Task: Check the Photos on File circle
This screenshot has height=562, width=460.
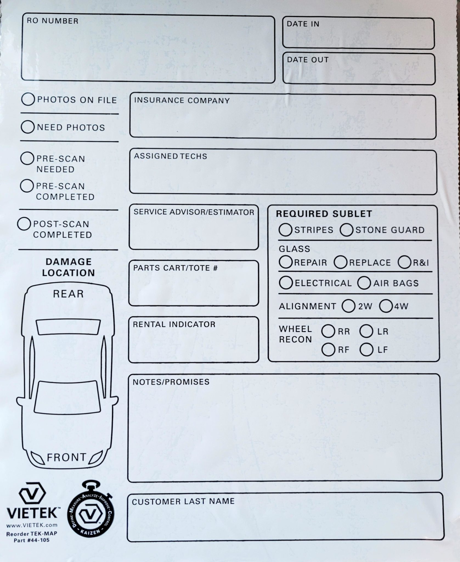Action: [28, 99]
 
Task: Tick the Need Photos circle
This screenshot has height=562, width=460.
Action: [27, 127]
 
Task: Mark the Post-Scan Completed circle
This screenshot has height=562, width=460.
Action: [24, 224]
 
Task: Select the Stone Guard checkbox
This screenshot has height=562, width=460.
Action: [346, 230]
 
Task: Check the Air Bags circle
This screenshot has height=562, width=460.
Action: [364, 283]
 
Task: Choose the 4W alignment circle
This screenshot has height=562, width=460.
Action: [386, 306]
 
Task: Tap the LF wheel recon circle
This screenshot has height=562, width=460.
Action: [366, 350]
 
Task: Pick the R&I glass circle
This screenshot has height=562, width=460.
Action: [404, 262]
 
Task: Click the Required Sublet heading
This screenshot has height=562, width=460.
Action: [324, 214]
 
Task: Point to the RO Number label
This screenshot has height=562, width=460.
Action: [52, 21]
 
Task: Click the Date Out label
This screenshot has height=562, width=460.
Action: [307, 60]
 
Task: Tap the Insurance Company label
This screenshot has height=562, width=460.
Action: [182, 100]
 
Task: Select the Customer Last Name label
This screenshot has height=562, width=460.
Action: [183, 501]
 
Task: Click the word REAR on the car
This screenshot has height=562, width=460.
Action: [68, 294]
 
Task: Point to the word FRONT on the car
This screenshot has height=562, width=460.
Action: [66, 457]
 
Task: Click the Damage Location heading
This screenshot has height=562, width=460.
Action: [68, 267]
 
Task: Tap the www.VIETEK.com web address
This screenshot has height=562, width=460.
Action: [32, 525]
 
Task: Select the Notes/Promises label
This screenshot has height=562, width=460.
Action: [171, 382]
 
